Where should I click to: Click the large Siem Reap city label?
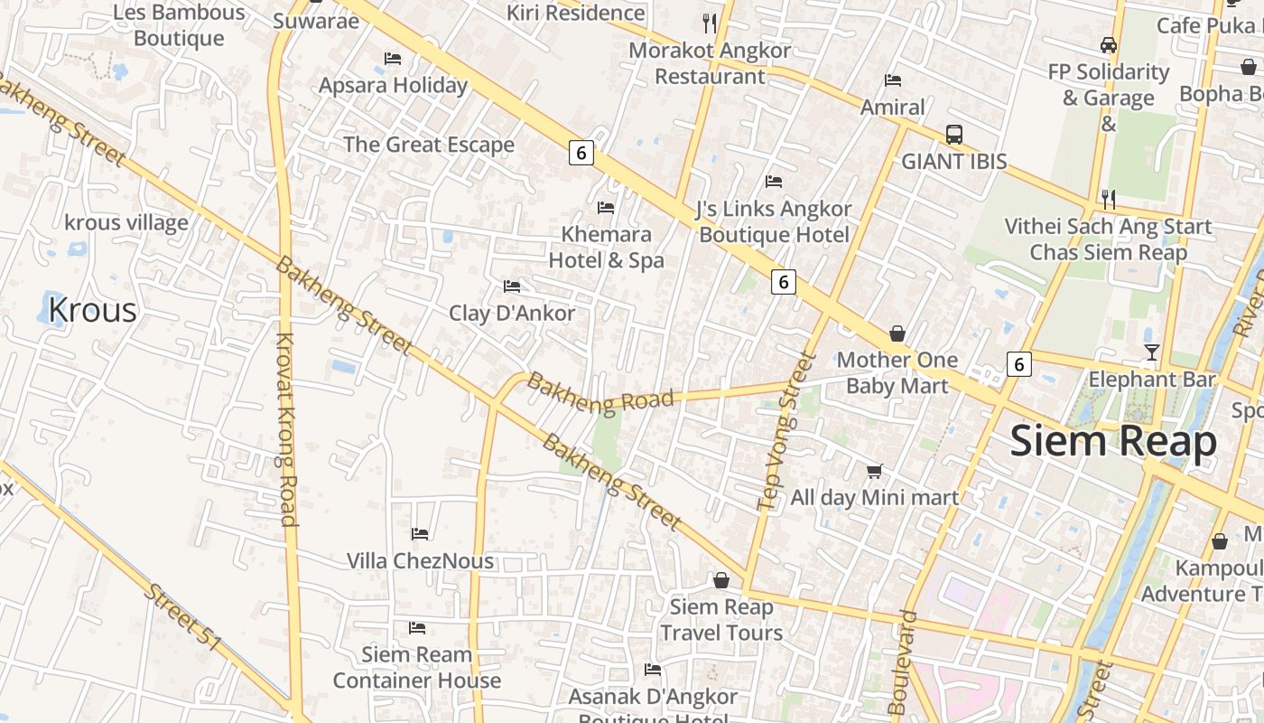pos(1113,442)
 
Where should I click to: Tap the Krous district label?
pos(92,310)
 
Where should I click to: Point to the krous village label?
pos(126,222)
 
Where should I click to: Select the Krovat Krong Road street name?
pos(285,429)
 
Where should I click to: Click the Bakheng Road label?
pos(600,394)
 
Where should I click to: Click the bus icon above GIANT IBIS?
pos(953,135)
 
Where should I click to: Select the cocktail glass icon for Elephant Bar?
pos(1151,352)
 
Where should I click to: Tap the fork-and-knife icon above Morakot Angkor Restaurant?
pos(710,23)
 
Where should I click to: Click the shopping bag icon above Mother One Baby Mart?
pos(897,333)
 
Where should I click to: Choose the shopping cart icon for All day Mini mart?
pos(874,471)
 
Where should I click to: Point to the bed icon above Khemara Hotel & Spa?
pos(606,208)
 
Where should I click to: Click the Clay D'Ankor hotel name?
pos(512,314)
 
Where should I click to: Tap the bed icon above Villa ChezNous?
pos(420,534)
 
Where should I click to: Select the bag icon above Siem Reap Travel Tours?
pos(721,580)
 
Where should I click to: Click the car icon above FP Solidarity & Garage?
pos(1109,45)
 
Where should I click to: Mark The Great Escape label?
pos(429,145)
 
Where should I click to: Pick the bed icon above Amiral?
pos(893,80)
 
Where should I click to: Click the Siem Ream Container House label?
pos(417,667)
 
